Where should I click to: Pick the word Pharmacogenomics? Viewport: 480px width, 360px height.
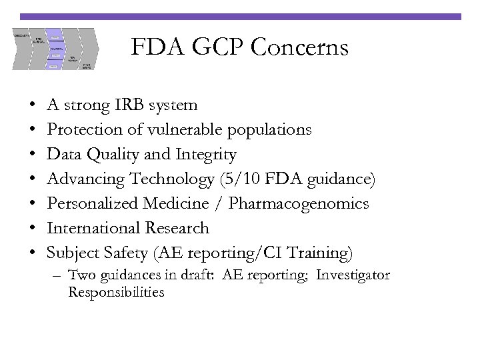tap(299, 203)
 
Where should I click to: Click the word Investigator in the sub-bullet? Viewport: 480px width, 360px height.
tap(353, 275)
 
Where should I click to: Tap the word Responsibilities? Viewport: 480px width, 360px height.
tap(116, 292)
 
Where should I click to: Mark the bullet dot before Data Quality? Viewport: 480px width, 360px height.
tap(33, 155)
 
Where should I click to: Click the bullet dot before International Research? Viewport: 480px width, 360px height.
tap(33, 229)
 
